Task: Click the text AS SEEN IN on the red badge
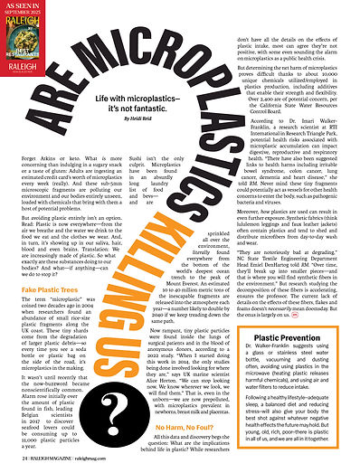click(x=22, y=7)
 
